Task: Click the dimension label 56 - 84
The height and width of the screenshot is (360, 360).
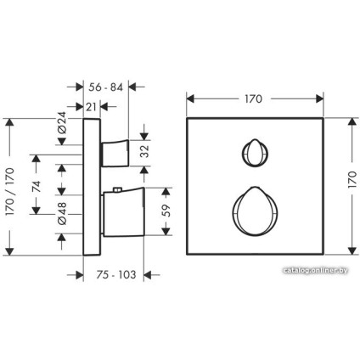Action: tap(105, 87)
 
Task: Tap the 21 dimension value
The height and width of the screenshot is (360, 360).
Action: tap(91, 107)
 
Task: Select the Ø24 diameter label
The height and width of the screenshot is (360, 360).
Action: tap(62, 122)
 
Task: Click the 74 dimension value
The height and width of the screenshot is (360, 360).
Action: tap(37, 186)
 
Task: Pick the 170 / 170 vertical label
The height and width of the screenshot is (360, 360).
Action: tap(10, 192)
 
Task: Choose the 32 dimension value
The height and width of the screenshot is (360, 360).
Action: tap(144, 151)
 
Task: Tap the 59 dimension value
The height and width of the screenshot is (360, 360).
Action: tap(167, 211)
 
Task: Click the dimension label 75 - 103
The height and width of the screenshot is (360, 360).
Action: tap(116, 274)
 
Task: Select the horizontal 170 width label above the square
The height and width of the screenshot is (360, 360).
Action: tap(254, 98)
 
